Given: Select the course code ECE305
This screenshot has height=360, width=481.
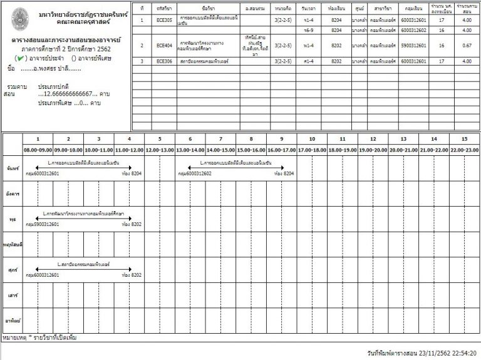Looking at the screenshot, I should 165,20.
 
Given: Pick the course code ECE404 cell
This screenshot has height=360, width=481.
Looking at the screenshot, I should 165,46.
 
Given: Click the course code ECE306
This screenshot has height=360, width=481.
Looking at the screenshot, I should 165,61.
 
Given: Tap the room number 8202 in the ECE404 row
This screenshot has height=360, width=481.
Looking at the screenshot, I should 335,46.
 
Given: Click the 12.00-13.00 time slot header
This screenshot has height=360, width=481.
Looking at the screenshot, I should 159,150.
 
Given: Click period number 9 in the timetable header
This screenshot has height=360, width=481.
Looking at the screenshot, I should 281,139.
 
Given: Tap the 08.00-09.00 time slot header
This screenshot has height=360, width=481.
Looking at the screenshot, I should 38,150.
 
